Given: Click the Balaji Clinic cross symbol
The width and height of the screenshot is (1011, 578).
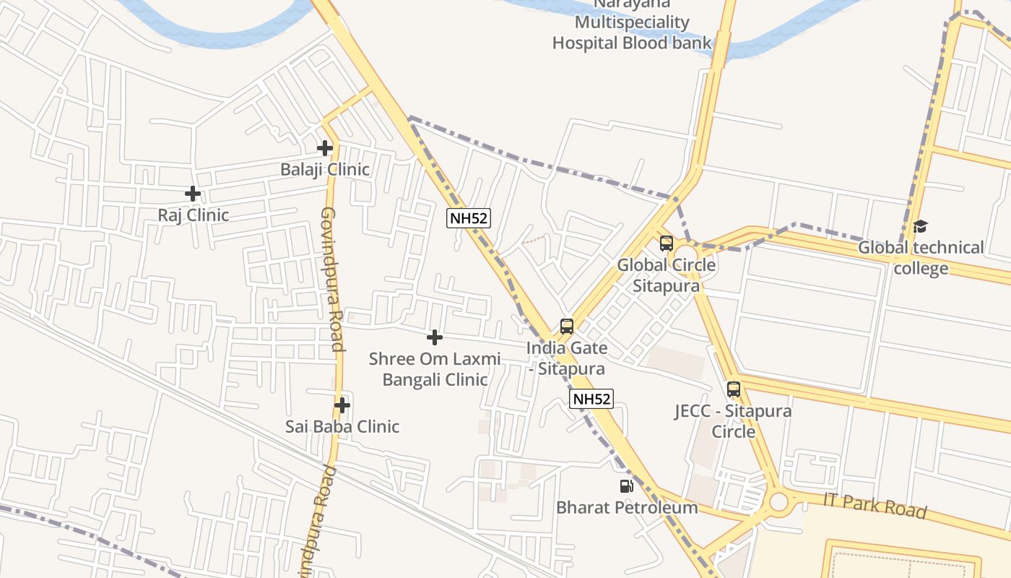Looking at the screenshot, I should (x=325, y=148).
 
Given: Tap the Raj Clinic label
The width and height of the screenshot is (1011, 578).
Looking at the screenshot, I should (x=194, y=215).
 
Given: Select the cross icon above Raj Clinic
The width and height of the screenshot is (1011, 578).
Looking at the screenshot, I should (x=193, y=194).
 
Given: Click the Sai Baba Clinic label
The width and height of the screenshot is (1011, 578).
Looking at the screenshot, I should (x=342, y=426).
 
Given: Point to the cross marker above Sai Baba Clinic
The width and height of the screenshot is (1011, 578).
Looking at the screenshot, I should (x=342, y=405).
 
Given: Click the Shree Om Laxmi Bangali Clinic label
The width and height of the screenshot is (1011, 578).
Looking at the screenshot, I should (x=435, y=369).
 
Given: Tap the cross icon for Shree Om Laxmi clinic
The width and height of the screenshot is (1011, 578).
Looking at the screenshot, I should (x=435, y=337).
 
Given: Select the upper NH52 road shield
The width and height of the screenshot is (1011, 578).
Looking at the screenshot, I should (x=469, y=218).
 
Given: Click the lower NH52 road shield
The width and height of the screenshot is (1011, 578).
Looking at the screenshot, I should (x=591, y=399).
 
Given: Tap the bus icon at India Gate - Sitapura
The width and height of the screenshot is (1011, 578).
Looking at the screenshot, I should (x=567, y=327).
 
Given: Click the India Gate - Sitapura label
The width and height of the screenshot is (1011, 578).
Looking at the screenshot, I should (x=567, y=358).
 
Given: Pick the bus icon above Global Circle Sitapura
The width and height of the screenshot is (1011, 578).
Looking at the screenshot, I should (x=666, y=243).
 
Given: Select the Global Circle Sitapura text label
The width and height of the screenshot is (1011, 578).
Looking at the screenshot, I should (x=667, y=275).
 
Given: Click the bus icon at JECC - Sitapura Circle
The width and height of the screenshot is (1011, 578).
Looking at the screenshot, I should (x=734, y=389).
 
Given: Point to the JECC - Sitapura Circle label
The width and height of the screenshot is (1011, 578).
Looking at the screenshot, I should (x=733, y=421).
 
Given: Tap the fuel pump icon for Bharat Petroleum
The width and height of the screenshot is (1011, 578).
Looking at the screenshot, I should (x=626, y=486).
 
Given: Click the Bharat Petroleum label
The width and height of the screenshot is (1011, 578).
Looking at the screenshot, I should (x=627, y=508).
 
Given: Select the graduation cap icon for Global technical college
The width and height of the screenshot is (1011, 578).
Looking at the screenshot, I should (x=920, y=227).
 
